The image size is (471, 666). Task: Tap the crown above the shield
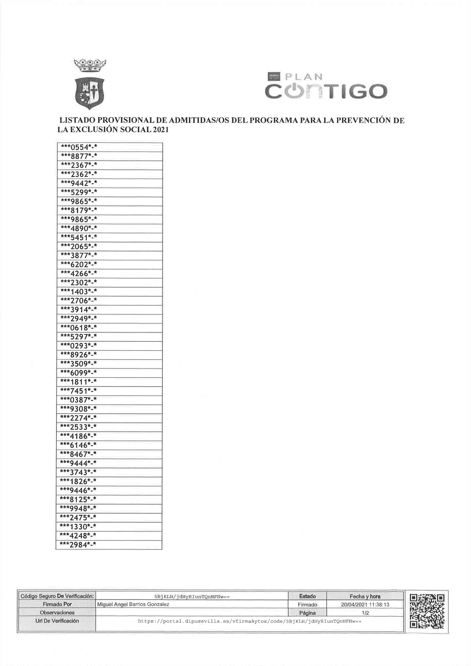[x=90, y=65]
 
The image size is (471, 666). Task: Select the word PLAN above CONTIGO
[x=304, y=77]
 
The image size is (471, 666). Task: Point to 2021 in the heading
[x=161, y=130]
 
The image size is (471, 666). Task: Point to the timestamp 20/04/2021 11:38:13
[x=365, y=604]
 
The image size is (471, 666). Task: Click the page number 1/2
[x=365, y=613]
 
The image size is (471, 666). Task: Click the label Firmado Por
[x=57, y=604]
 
